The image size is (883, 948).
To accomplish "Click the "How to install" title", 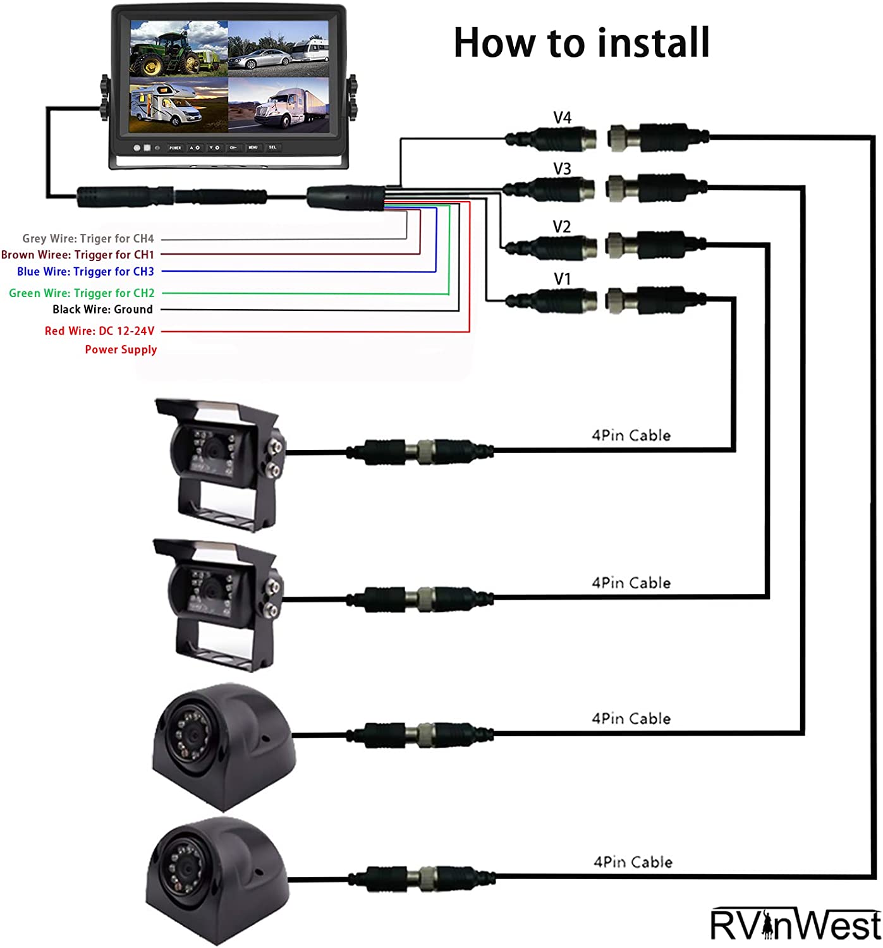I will [x=582, y=43].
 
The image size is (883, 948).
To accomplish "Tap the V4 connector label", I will [x=562, y=118].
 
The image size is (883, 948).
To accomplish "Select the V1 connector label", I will [x=562, y=279].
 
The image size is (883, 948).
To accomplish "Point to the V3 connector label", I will [x=562, y=169].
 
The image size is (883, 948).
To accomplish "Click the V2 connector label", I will [x=562, y=226].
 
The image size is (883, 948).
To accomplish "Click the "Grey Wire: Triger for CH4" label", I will [x=88, y=239].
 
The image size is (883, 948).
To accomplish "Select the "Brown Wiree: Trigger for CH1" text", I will [x=78, y=255].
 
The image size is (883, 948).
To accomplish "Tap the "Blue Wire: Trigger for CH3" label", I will [x=85, y=272].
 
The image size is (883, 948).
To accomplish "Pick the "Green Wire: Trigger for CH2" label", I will [x=82, y=293].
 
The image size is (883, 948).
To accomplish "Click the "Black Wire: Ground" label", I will [x=102, y=310].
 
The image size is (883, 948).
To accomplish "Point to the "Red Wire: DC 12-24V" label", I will [x=99, y=331].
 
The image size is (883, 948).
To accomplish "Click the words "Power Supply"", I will [x=121, y=350].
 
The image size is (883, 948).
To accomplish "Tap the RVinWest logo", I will [x=795, y=925].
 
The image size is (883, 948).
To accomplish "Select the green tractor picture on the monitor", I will [x=178, y=49].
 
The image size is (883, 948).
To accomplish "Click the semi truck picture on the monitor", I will [x=278, y=105].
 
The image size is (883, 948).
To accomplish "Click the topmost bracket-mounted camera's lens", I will [x=214, y=451].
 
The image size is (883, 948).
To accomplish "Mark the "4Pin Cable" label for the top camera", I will [x=631, y=435].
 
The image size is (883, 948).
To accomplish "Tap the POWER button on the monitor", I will [x=175, y=148].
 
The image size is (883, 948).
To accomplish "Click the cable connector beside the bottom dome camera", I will [x=421, y=877].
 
